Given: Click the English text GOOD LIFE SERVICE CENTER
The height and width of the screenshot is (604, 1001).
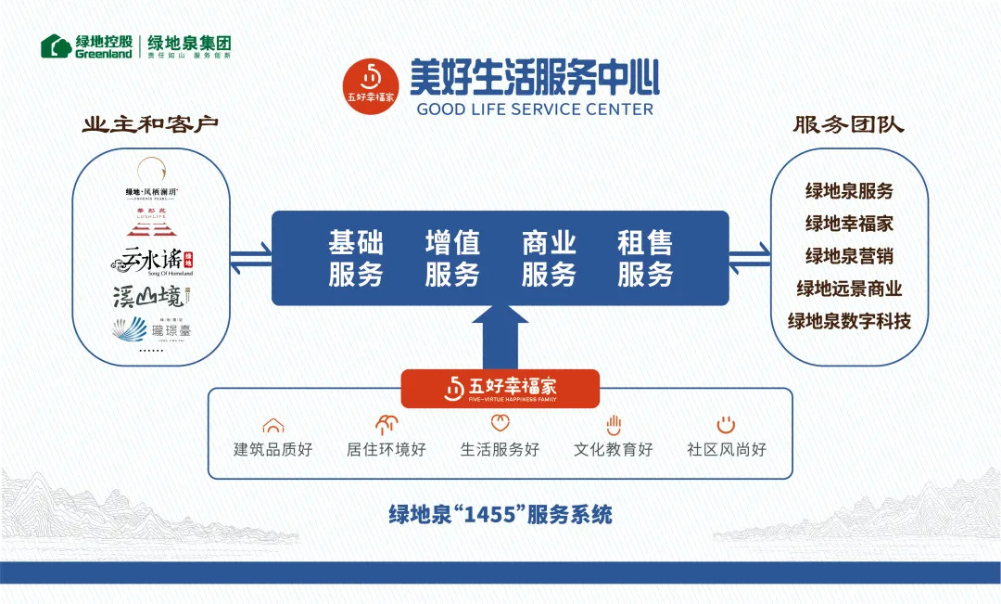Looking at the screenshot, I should tap(535, 109).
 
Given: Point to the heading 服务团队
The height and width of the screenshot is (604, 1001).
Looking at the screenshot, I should tap(848, 125).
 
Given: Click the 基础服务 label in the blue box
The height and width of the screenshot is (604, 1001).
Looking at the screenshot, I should tap(356, 259).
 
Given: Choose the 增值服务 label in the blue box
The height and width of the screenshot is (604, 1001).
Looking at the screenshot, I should tap(452, 259).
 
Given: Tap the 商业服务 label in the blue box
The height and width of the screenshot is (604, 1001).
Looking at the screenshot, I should tap(549, 259).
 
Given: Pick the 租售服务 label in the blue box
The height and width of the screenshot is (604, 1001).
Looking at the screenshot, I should tap(645, 259).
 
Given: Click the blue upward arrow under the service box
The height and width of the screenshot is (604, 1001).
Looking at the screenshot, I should tap(500, 339).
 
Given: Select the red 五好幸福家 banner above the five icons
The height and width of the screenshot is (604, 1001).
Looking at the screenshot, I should tap(500, 388).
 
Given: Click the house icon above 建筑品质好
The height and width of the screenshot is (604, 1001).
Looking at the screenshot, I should tap(272, 426).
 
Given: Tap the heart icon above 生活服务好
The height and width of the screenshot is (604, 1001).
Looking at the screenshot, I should tap(500, 425).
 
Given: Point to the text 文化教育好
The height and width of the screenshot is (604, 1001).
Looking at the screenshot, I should tap(613, 450).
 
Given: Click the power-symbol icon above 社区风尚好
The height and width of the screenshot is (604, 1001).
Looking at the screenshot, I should tap(726, 425).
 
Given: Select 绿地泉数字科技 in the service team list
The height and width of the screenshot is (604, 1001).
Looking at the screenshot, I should tap(849, 322).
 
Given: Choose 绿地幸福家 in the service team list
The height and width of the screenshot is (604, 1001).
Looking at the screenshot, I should tap(849, 224).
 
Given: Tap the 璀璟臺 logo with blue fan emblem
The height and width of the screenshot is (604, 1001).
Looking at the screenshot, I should tap(150, 329).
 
